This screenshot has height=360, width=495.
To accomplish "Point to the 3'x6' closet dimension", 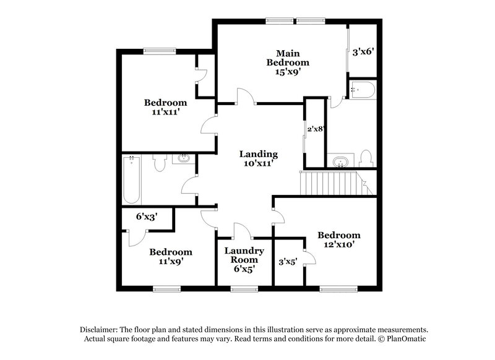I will tap(363, 53).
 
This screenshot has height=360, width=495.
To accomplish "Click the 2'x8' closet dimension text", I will tap(316, 129).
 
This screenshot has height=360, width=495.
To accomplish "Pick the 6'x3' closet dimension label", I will tap(148, 217).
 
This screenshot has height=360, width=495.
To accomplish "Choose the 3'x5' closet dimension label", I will tap(288, 262).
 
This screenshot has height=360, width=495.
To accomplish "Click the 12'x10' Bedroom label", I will tap(338, 239).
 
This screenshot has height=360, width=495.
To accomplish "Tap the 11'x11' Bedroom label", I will tap(165, 108).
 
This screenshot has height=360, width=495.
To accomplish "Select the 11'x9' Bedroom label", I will tap(170, 257).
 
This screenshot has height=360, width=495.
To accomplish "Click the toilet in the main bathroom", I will tap(366, 159).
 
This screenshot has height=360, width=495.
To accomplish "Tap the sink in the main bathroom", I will tap(339, 163).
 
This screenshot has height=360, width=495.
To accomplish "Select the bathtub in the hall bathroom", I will tap(132, 180).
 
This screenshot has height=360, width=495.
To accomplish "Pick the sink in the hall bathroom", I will tap(184, 160).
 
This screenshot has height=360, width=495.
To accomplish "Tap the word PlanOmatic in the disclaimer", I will tap(405, 340).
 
